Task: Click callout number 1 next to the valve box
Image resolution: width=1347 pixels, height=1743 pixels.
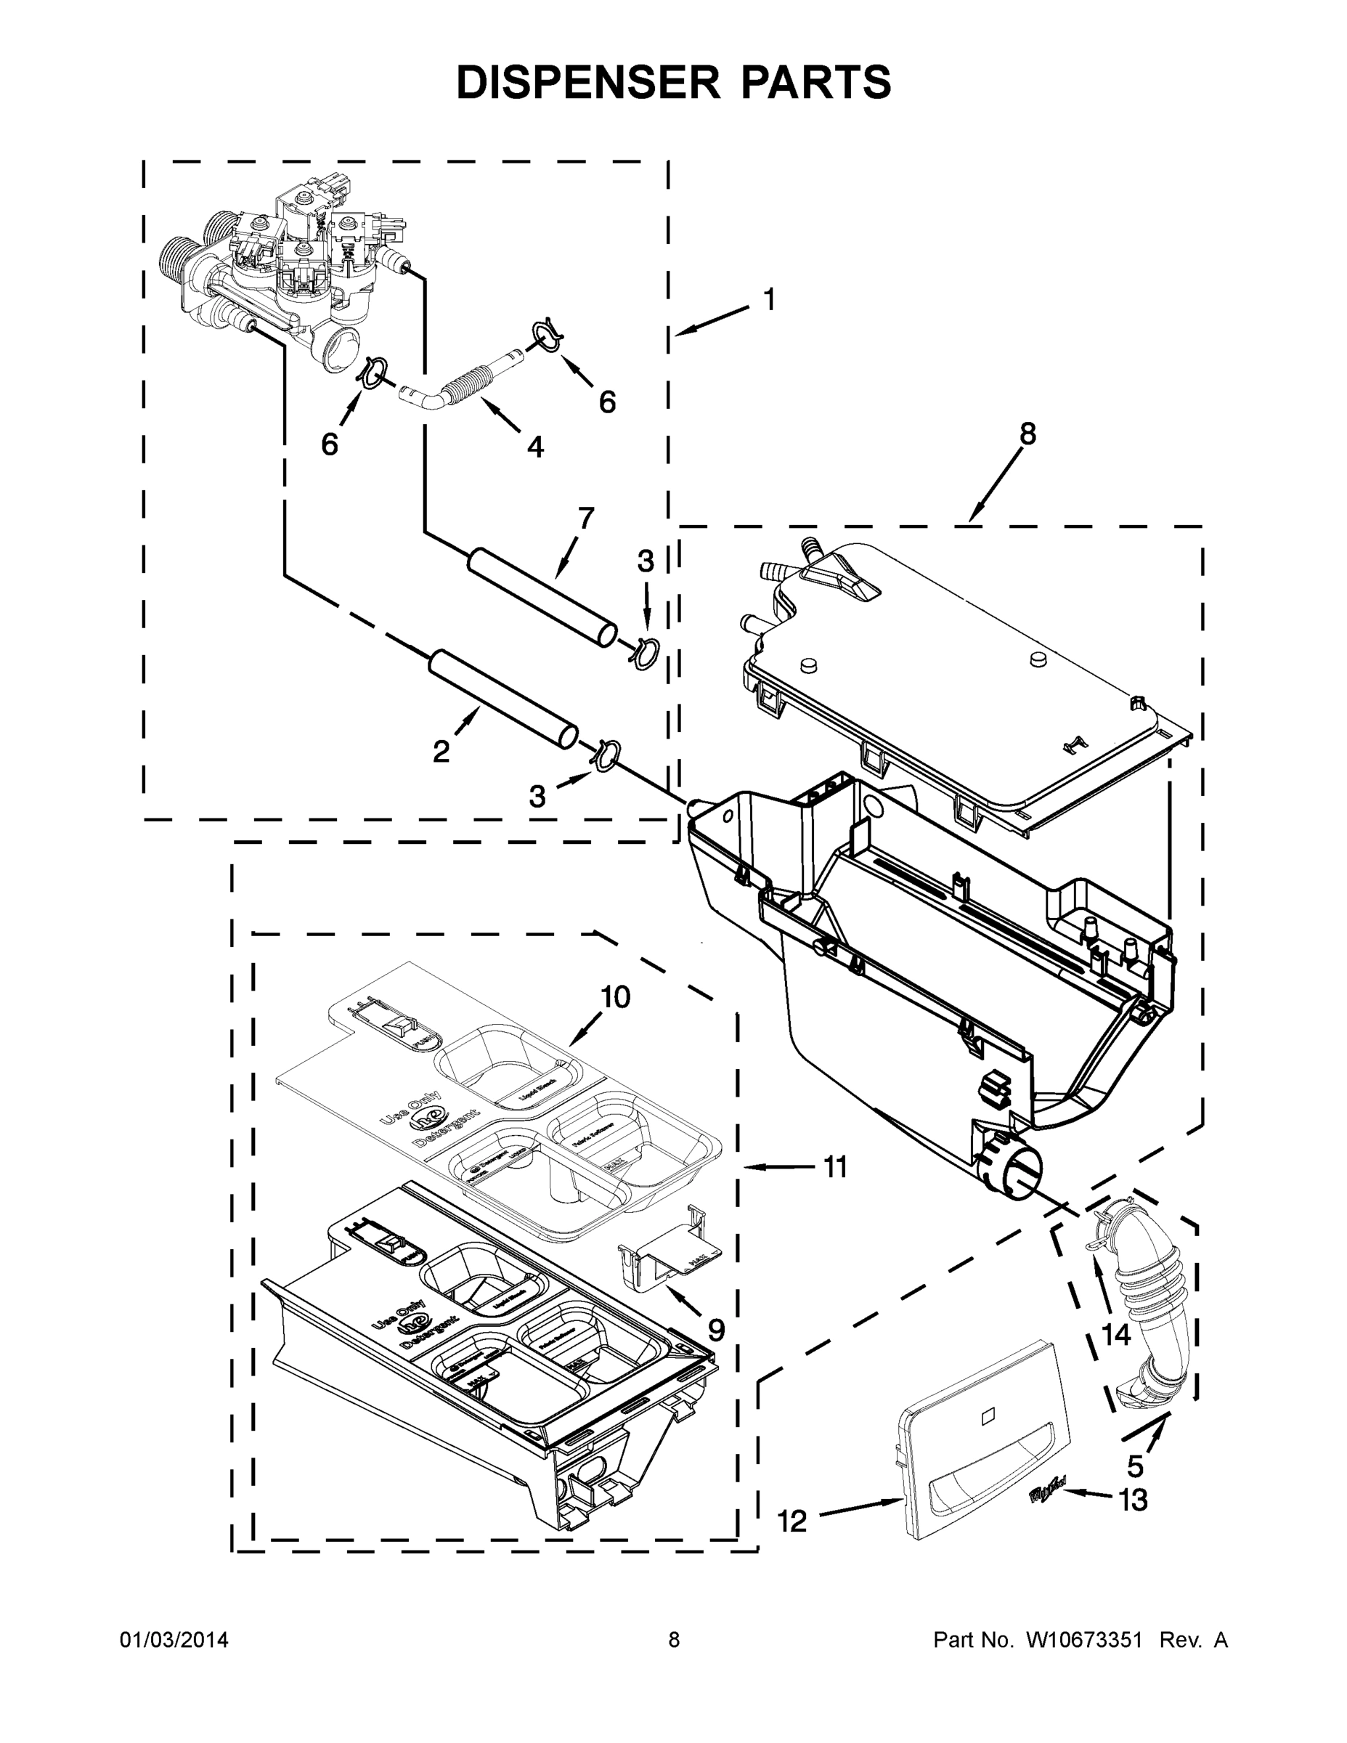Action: pos(768,300)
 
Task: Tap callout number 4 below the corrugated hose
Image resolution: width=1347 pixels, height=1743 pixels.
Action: pos(535,447)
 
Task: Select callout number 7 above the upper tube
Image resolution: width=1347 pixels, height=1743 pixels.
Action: pos(587,518)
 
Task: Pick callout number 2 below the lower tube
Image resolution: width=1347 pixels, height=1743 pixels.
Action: pos(441,751)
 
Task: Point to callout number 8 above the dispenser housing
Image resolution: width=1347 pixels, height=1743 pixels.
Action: pos(1027,434)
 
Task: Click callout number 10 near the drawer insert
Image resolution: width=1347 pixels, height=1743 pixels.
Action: pos(615,997)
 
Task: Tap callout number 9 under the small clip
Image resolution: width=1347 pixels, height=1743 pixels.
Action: pos(716,1330)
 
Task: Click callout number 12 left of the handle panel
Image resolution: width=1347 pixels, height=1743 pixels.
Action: pos(792,1522)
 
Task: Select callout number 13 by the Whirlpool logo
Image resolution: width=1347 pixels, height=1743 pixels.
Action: pos(1132,1500)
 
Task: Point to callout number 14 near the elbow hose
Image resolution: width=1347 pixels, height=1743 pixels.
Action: pos(1115,1334)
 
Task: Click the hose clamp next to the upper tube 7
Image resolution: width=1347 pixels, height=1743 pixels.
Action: pos(646,654)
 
